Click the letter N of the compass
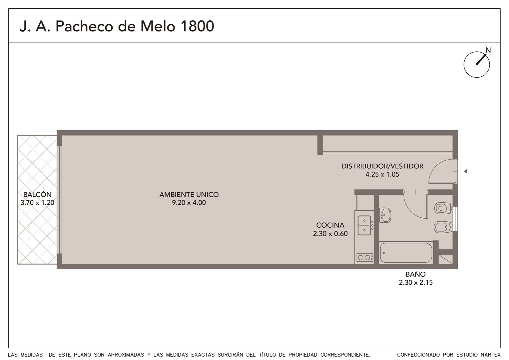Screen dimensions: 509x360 [x=488, y=50]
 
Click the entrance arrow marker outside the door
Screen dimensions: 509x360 [x=465, y=171]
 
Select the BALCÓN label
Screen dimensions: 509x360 [x=38, y=194]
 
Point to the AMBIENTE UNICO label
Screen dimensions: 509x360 [x=189, y=194]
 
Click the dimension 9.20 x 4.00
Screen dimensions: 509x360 [x=189, y=202]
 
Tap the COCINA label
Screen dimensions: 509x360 [x=330, y=225]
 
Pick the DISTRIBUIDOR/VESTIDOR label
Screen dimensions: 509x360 [x=382, y=166]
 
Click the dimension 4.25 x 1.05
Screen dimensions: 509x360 [x=382, y=174]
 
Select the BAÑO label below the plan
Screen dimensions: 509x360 [x=416, y=274]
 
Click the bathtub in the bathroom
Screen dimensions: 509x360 [x=406, y=253]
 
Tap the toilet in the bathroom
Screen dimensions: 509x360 [x=443, y=208]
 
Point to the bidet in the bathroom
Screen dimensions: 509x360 [x=443, y=227]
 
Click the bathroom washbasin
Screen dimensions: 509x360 [x=385, y=215]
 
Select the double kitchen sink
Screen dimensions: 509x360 [x=364, y=225]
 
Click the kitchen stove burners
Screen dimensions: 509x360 [x=365, y=257]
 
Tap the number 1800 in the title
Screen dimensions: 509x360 [x=197, y=26]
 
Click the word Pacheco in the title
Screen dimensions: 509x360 [x=84, y=26]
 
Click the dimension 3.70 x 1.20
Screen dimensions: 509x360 [x=38, y=202]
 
